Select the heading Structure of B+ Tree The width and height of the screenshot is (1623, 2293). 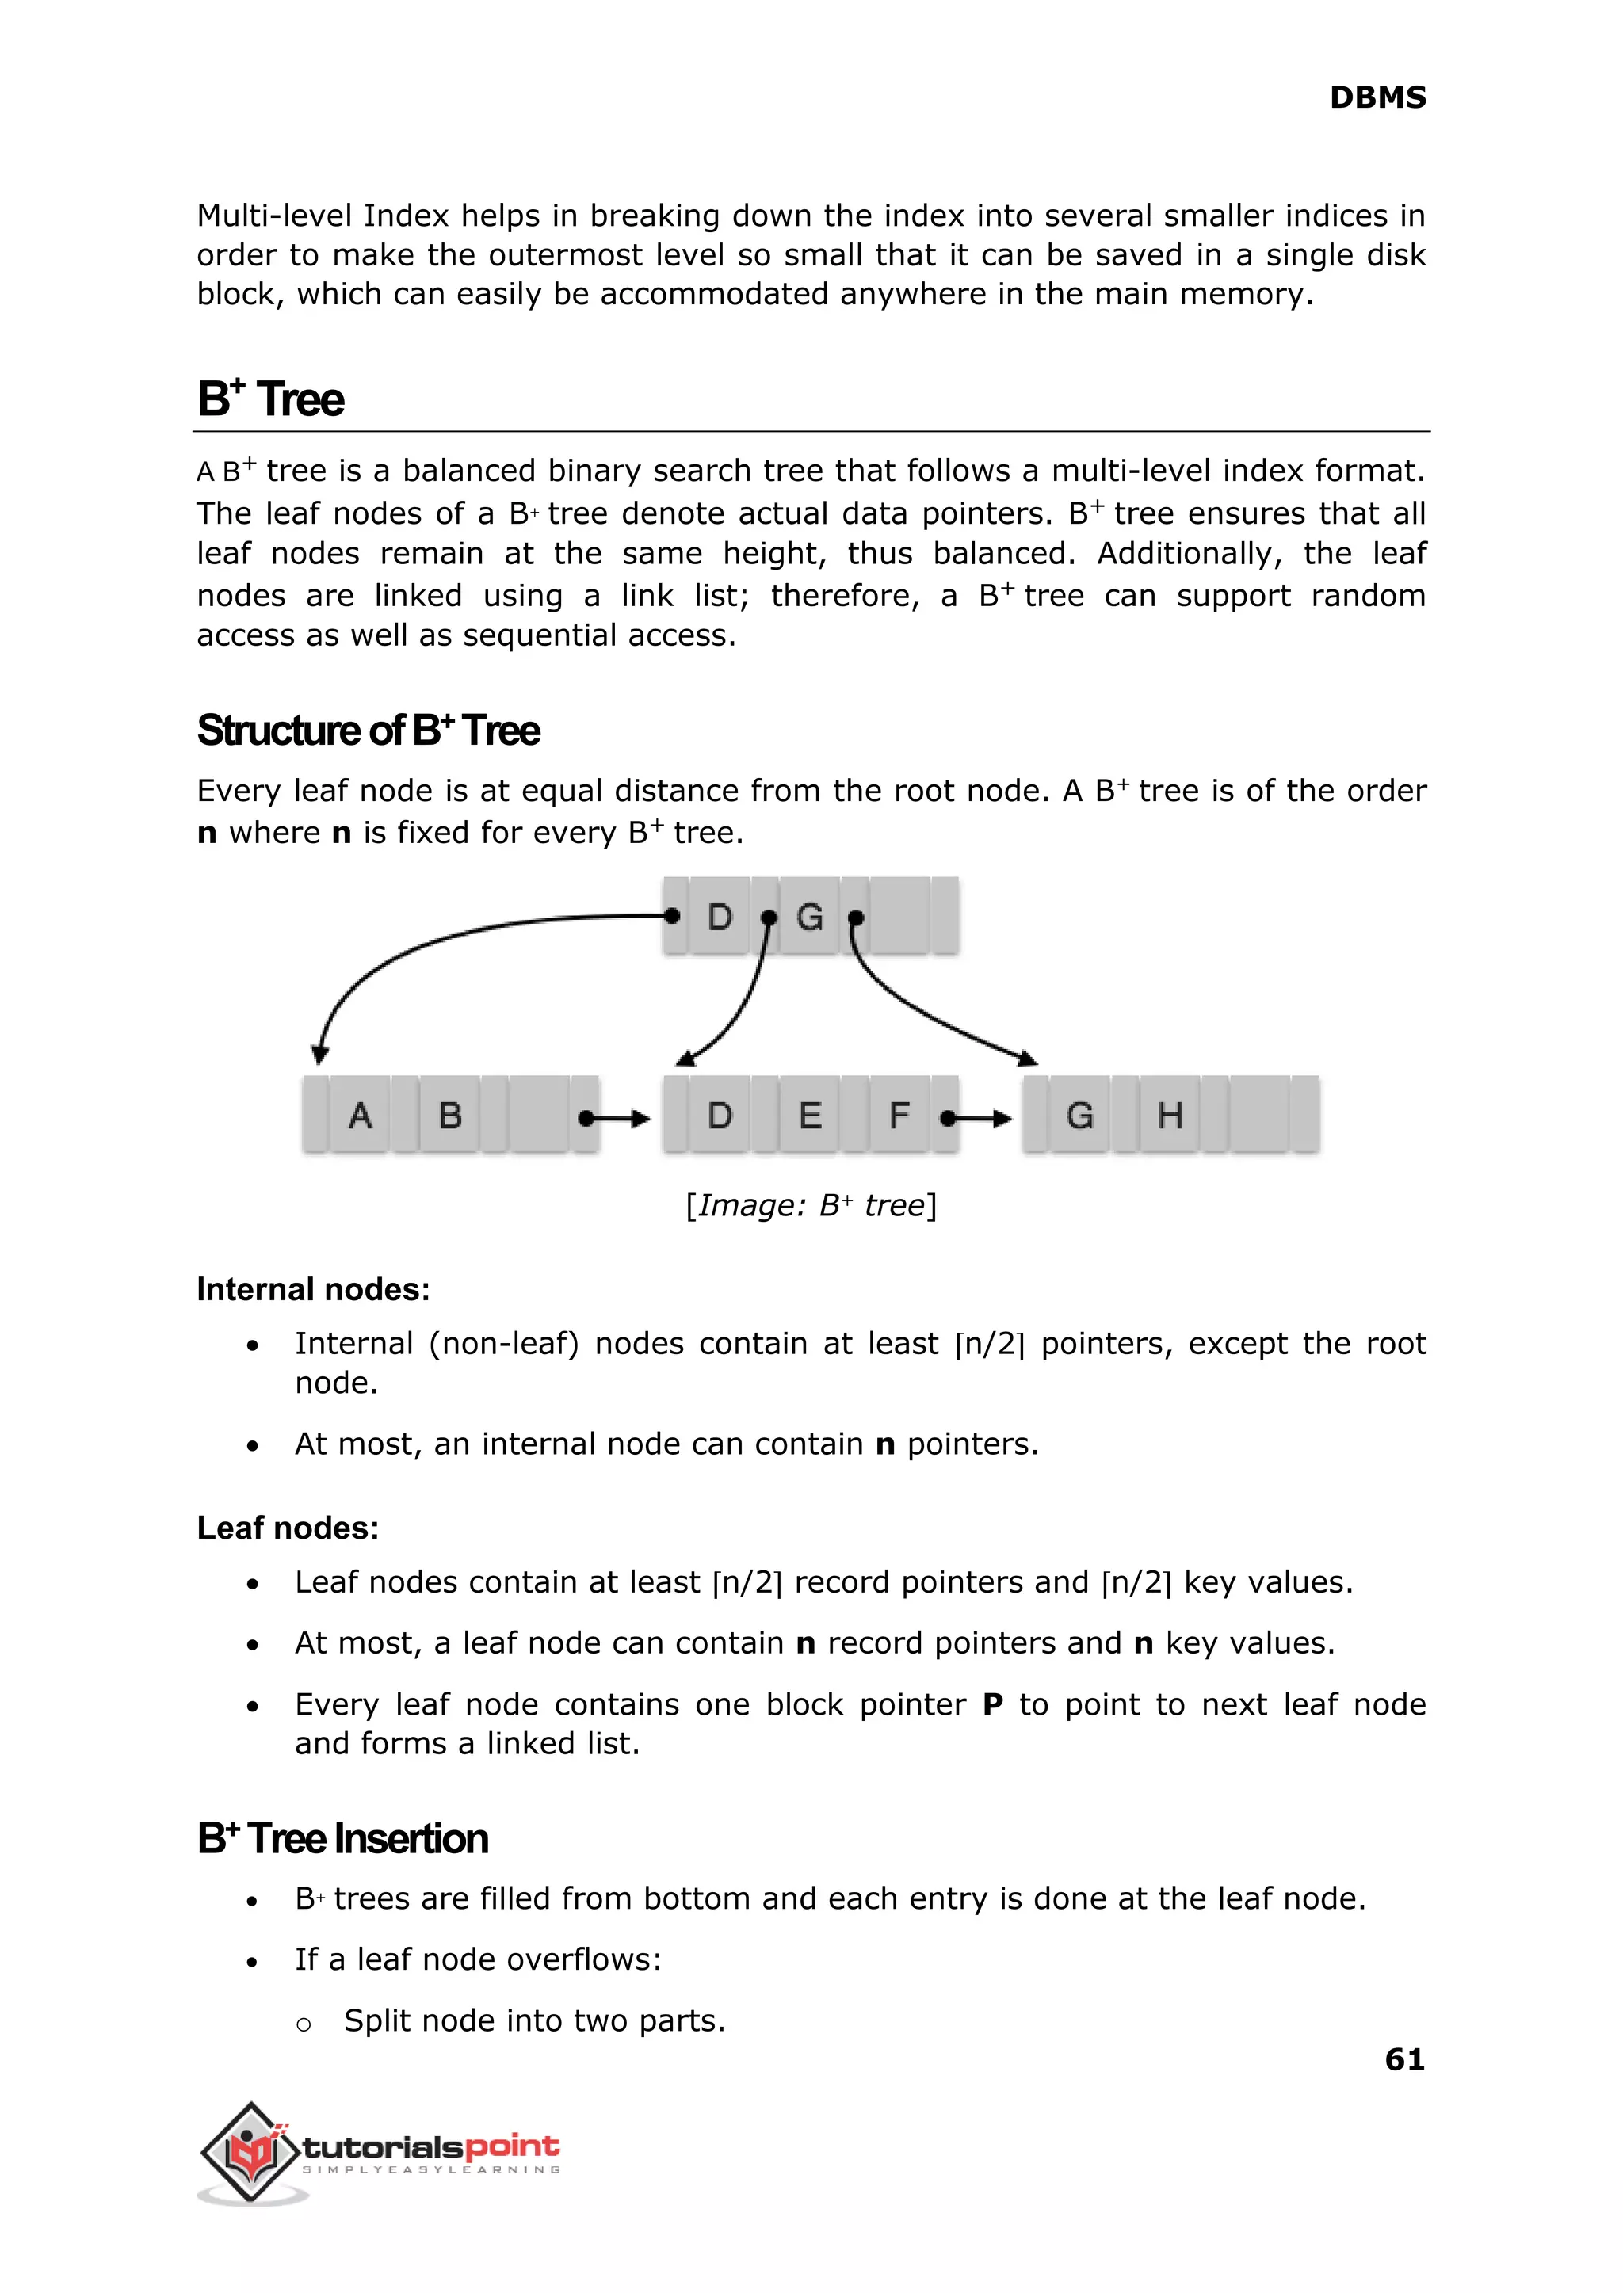(368, 731)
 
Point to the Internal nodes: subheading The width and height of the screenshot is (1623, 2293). (313, 1289)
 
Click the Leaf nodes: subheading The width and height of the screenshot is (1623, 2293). (288, 1528)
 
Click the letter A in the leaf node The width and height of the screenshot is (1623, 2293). (360, 1115)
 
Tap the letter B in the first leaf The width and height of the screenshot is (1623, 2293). (449, 1115)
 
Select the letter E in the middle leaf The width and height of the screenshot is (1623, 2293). (809, 1115)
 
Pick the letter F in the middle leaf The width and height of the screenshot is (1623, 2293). (899, 1115)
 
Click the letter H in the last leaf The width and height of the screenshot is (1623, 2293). (1169, 1115)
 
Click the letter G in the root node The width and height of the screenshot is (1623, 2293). (809, 916)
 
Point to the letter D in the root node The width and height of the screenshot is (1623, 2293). (720, 916)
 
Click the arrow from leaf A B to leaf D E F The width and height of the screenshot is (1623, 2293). (616, 1118)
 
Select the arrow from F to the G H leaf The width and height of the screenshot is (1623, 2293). (977, 1118)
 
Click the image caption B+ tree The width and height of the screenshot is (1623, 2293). (811, 1205)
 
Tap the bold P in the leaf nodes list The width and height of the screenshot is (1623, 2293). (992, 1704)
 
